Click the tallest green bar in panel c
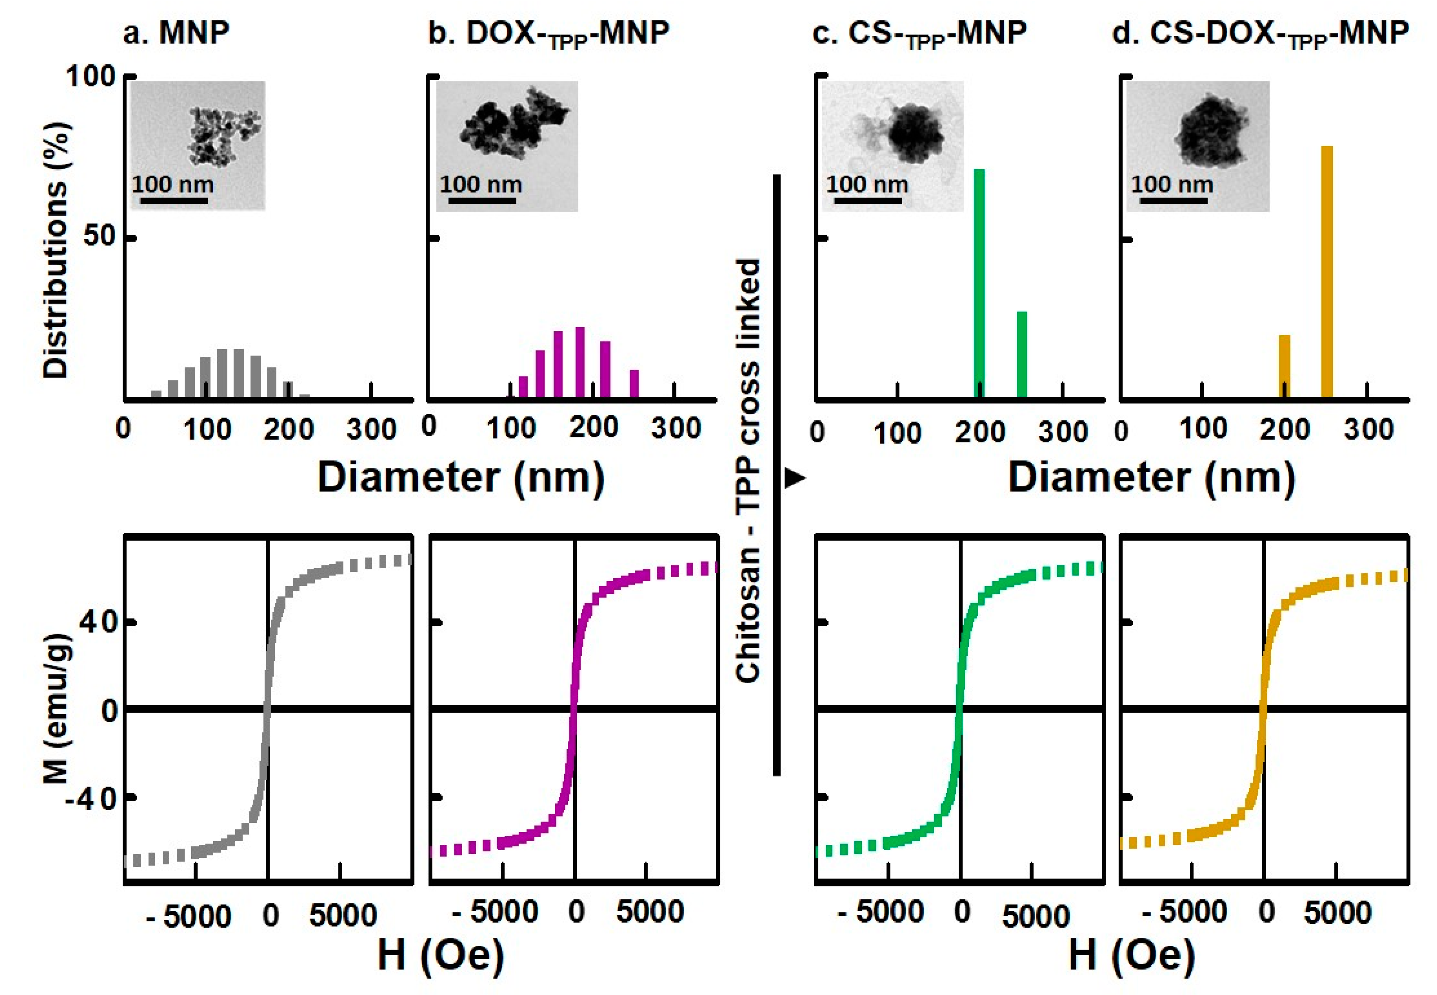point(979,284)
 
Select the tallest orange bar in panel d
point(1327,272)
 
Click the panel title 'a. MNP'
point(177,33)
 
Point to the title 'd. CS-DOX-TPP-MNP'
point(1260,33)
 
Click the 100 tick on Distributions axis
point(91,77)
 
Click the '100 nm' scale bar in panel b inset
point(482,201)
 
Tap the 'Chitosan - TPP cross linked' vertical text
point(748,471)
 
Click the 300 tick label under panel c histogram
point(1062,431)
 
